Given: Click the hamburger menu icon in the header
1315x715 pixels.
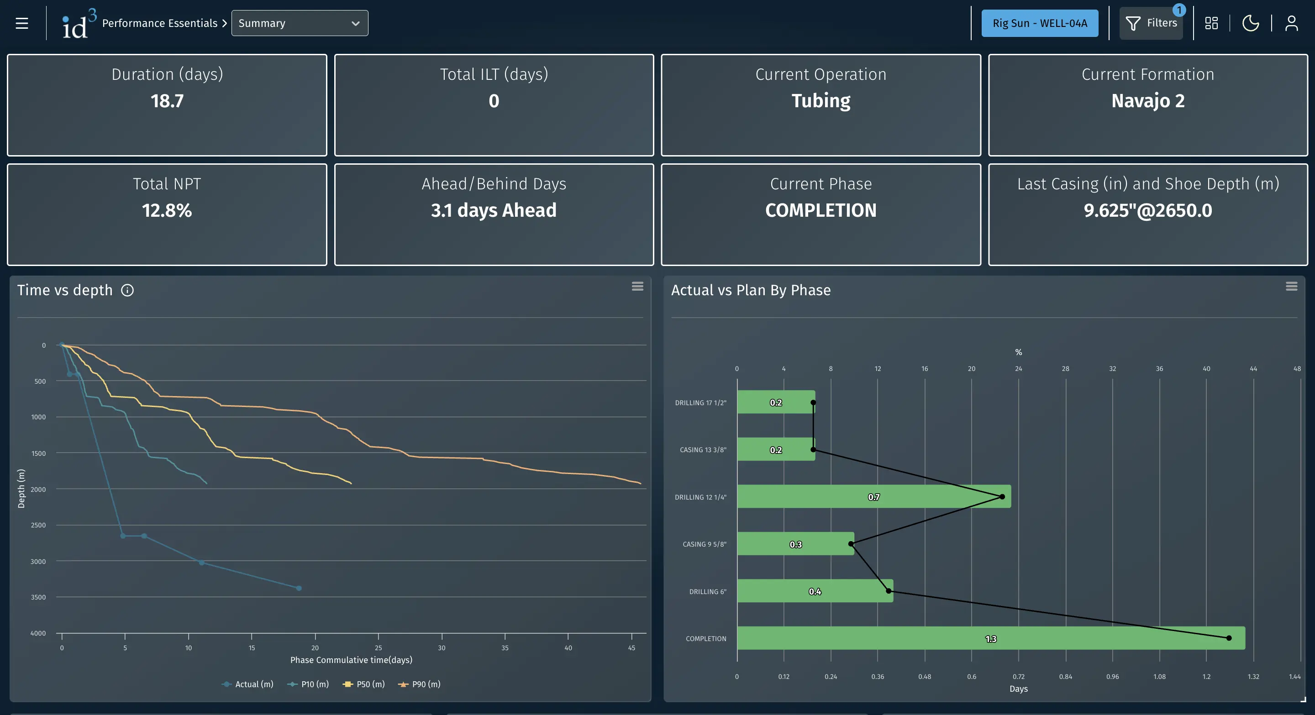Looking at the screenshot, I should (x=21, y=23).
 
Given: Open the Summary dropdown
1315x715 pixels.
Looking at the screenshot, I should (x=299, y=23).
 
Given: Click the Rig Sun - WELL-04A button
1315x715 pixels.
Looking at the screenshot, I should (x=1039, y=23).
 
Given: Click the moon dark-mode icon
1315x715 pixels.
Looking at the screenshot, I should (x=1250, y=23).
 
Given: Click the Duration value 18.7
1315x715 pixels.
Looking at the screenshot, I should (x=167, y=101).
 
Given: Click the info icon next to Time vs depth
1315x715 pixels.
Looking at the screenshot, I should (x=127, y=290).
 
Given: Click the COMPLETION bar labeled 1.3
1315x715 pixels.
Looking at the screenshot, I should (x=990, y=638).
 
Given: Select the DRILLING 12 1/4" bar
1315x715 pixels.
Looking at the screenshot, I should (x=873, y=497).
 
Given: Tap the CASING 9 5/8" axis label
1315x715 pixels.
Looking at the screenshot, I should (x=704, y=544).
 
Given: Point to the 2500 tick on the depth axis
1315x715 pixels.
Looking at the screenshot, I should (x=38, y=525).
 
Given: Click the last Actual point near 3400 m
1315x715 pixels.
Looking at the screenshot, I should (x=299, y=588).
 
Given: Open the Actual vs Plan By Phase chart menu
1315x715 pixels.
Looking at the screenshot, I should (x=1291, y=286).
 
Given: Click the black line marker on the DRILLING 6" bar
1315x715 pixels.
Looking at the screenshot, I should (x=888, y=591).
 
